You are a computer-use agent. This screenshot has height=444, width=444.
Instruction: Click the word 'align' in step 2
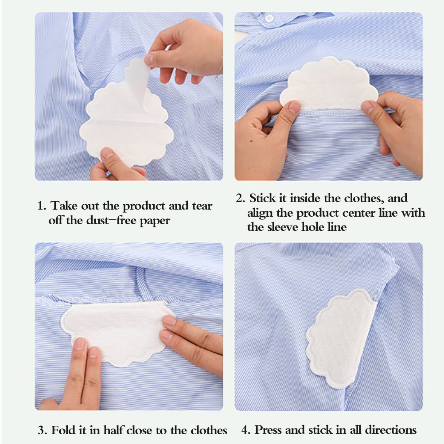[260, 213]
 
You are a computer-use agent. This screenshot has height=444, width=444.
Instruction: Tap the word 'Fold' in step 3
[65, 430]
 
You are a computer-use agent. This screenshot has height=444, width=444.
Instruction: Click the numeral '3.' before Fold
[43, 430]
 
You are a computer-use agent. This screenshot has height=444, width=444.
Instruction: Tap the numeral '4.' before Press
[246, 430]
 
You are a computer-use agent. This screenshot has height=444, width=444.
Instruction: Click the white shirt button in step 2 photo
[269, 19]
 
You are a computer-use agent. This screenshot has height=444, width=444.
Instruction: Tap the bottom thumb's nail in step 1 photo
[107, 153]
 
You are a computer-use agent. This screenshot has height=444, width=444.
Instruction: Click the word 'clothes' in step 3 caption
[209, 430]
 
